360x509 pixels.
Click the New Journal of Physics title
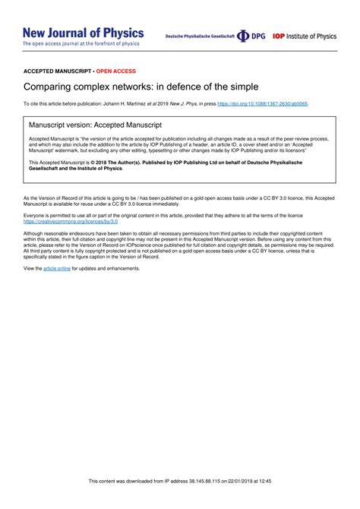83,33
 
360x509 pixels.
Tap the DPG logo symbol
243,36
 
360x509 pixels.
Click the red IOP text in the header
279,36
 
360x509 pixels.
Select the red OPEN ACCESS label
116,70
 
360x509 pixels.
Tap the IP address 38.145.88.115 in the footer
211,502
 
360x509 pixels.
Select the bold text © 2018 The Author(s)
115,163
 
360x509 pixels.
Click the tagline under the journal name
81,44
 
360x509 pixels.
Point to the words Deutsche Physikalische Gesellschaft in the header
199,36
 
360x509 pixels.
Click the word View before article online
33,269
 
